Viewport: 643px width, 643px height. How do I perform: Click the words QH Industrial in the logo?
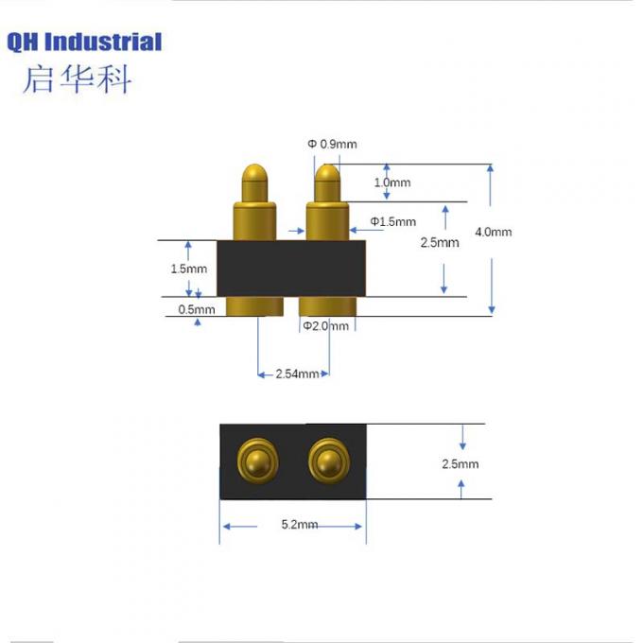point(84,42)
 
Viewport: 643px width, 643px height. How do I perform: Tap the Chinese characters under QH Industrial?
point(77,78)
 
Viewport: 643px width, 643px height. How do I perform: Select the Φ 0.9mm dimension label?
point(332,144)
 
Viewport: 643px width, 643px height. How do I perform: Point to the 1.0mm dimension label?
point(392,182)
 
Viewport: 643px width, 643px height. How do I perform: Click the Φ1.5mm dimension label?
point(392,222)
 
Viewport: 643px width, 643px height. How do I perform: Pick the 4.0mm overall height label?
point(493,232)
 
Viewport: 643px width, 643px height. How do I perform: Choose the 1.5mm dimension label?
point(188,269)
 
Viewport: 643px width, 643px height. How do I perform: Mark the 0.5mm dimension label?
point(197,309)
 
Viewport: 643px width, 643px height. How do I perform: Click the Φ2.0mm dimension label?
point(326,326)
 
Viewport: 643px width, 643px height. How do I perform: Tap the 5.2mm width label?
point(300,525)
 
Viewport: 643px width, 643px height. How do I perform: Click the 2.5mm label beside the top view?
point(460,463)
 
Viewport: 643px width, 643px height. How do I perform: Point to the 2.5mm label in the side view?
point(440,242)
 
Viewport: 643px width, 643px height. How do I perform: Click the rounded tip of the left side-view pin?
point(254,176)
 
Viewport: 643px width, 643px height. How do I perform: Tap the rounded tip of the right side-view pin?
point(326,176)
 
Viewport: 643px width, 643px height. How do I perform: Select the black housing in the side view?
point(290,269)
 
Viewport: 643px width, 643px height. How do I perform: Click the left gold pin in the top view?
point(256,461)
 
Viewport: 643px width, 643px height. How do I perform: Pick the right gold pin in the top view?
point(326,461)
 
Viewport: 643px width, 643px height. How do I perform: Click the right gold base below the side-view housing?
point(327,306)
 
